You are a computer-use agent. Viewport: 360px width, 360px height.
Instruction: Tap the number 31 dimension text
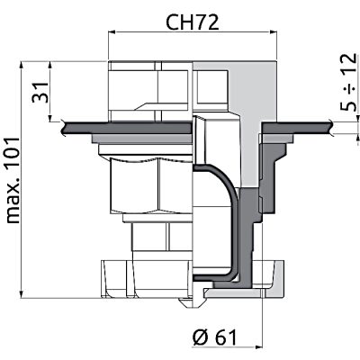pyautogui.click(x=40, y=92)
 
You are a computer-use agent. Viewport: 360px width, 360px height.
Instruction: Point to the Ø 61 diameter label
pyautogui.click(x=214, y=337)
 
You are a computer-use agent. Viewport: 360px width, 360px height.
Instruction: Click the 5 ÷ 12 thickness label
pyautogui.click(x=349, y=82)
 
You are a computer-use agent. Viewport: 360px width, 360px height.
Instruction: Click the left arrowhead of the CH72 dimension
pyautogui.click(x=112, y=32)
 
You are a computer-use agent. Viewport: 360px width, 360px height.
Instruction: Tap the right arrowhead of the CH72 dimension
pyautogui.click(x=273, y=32)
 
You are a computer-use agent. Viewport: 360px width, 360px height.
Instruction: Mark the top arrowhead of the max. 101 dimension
pyautogui.click(x=22, y=66)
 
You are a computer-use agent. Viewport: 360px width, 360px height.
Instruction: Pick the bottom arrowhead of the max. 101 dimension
pyautogui.click(x=22, y=294)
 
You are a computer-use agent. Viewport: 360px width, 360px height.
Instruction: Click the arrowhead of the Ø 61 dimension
pyautogui.click(x=258, y=347)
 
